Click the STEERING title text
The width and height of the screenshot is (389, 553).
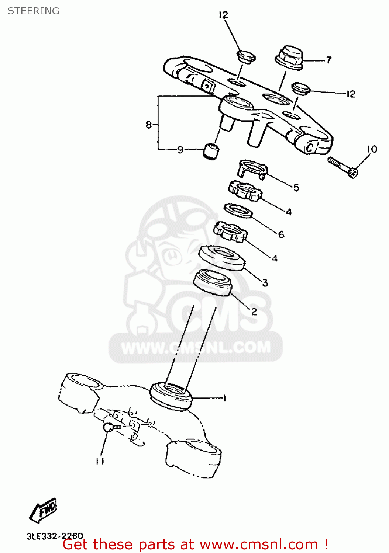[33, 11]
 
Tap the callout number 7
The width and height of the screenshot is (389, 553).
[328, 60]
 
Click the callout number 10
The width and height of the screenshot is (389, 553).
[372, 149]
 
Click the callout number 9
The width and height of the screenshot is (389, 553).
[180, 149]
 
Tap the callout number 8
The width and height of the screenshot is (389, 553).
[149, 125]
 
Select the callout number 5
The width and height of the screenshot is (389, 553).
[296, 188]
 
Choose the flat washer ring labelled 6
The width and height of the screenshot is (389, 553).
[238, 210]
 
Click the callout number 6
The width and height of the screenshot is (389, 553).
[281, 234]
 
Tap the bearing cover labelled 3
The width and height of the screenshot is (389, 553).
[222, 258]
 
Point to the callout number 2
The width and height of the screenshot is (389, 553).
[254, 312]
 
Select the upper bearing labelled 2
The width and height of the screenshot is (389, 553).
[213, 282]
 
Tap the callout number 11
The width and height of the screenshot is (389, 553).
[100, 461]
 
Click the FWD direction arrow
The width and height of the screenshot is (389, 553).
[44, 510]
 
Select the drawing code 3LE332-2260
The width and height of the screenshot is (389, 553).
[55, 536]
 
